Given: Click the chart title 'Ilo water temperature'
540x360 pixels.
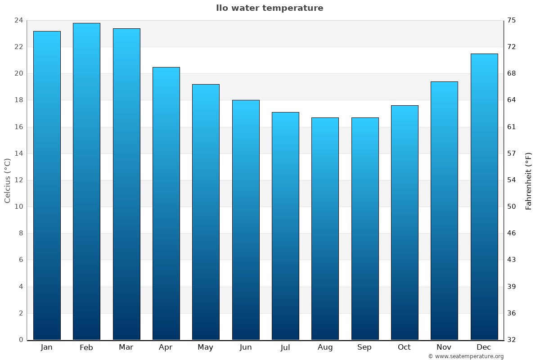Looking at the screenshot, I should [270, 8].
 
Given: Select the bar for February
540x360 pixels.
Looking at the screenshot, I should [86, 181].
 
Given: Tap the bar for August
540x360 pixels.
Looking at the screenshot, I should [325, 229].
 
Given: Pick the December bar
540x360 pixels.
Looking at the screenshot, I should [484, 197].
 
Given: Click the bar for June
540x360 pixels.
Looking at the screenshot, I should [246, 220].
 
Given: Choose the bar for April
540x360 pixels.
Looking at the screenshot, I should [166, 203].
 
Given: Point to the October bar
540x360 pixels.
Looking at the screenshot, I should [405, 222].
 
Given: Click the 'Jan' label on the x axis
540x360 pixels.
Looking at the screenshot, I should [46, 347].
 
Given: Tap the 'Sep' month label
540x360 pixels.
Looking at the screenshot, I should [364, 347].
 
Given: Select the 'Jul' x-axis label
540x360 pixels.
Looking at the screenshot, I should [285, 347].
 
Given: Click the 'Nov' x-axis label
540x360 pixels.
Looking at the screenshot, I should [444, 347].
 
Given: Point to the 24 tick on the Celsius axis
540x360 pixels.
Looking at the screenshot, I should [19, 20].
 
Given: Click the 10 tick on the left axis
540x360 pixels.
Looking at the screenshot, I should [19, 207].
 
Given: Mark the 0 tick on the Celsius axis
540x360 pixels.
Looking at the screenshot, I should [21, 340].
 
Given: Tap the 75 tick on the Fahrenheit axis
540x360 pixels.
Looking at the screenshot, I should [512, 20].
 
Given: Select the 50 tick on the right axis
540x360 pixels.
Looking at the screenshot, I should [512, 207].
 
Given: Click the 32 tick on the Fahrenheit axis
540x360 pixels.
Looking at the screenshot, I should [512, 340].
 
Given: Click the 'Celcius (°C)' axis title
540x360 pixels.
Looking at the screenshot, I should [7, 180].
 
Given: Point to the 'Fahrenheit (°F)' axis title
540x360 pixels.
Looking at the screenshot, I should [529, 180].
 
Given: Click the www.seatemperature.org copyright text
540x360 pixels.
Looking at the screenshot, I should [466, 356].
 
